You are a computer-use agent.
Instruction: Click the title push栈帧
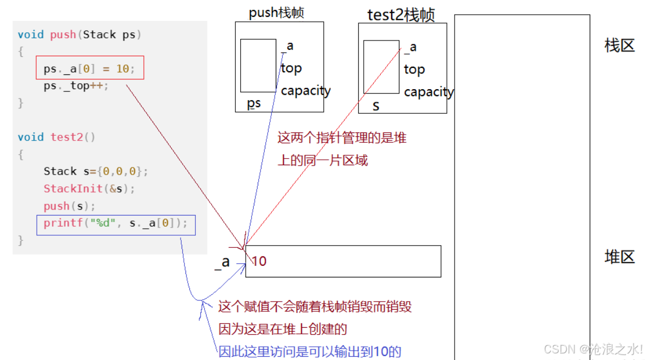pyautogui.click(x=276, y=13)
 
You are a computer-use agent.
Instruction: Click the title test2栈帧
pyautogui.click(x=401, y=15)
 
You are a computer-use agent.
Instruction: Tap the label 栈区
pyautogui.click(x=619, y=45)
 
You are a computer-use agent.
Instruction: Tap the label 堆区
pyautogui.click(x=619, y=257)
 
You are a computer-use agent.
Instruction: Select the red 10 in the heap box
pyautogui.click(x=259, y=261)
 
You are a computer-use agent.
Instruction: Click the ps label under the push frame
pyautogui.click(x=254, y=103)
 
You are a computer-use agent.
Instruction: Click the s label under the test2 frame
pyautogui.click(x=376, y=106)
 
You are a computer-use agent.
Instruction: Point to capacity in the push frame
pyautogui.click(x=305, y=90)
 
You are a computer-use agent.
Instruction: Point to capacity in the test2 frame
pyautogui.click(x=428, y=92)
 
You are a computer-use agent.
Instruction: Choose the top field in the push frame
pyautogui.click(x=291, y=68)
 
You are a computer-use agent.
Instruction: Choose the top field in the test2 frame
pyautogui.click(x=414, y=69)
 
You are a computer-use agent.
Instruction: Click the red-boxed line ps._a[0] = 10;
pyautogui.click(x=89, y=69)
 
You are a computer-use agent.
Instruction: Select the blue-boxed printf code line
pyautogui.click(x=115, y=223)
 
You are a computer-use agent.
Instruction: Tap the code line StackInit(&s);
pyautogui.click(x=89, y=189)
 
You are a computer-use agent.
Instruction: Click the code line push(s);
pyautogui.click(x=69, y=206)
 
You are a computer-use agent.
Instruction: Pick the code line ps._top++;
pyautogui.click(x=76, y=86)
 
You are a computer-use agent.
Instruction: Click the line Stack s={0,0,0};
pyautogui.click(x=96, y=171)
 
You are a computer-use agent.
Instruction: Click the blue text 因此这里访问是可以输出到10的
pyautogui.click(x=310, y=351)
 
